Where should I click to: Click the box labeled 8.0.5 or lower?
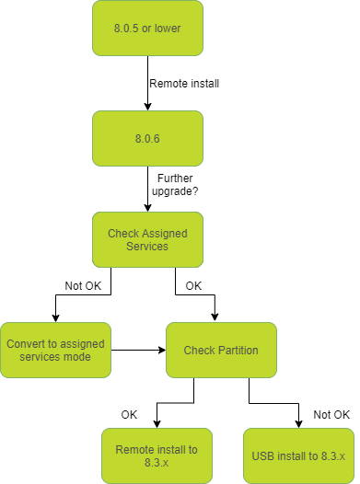[147, 27]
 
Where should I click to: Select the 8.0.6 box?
[147, 138]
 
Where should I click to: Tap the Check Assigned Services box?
[147, 240]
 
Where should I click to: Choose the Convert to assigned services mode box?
[55, 350]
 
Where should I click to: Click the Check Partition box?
[221, 350]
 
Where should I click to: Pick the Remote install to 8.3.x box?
[157, 455]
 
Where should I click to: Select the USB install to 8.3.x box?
[298, 455]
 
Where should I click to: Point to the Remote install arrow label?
[185, 83]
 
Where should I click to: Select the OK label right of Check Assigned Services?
[193, 286]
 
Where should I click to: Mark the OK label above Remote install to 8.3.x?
[129, 414]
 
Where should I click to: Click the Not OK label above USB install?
[332, 414]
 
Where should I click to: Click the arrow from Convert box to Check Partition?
[138, 350]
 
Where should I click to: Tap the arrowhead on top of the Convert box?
[55, 317]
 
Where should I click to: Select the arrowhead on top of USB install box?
[298, 423]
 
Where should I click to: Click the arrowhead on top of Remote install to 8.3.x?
[157, 423]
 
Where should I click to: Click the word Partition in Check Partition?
[238, 350]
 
